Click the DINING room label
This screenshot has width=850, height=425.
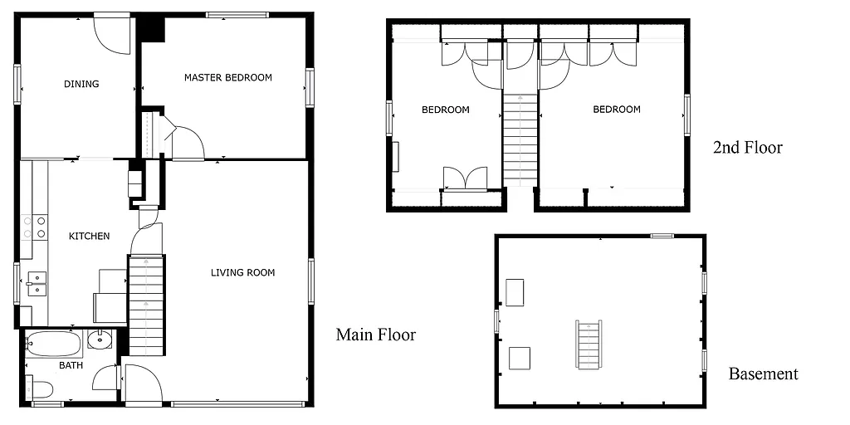pyautogui.click(x=81, y=84)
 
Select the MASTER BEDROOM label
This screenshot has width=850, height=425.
pyautogui.click(x=227, y=78)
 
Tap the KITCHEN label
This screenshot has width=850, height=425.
pyautogui.click(x=89, y=237)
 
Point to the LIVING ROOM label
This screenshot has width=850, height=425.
pyautogui.click(x=242, y=272)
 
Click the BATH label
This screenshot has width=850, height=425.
pyautogui.click(x=71, y=365)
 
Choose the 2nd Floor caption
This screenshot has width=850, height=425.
pyautogui.click(x=747, y=148)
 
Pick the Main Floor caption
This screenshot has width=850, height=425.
pyautogui.click(x=375, y=335)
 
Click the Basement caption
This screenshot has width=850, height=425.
pyautogui.click(x=763, y=374)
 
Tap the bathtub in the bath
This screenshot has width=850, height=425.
pyautogui.click(x=52, y=343)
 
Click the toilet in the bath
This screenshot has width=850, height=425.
pyautogui.click(x=41, y=388)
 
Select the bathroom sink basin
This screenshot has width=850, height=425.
pyautogui.click(x=100, y=340)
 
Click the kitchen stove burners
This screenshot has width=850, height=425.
pyautogui.click(x=34, y=227)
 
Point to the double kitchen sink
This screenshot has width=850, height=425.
pyautogui.click(x=36, y=283)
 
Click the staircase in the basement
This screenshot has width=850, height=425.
pyautogui.click(x=589, y=344)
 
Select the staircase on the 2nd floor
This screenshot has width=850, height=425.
pyautogui.click(x=520, y=141)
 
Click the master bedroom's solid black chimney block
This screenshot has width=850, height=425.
pyautogui.click(x=152, y=27)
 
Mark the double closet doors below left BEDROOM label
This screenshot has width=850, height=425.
pyautogui.click(x=465, y=178)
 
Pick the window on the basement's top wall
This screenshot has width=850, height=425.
pyautogui.click(x=662, y=236)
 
